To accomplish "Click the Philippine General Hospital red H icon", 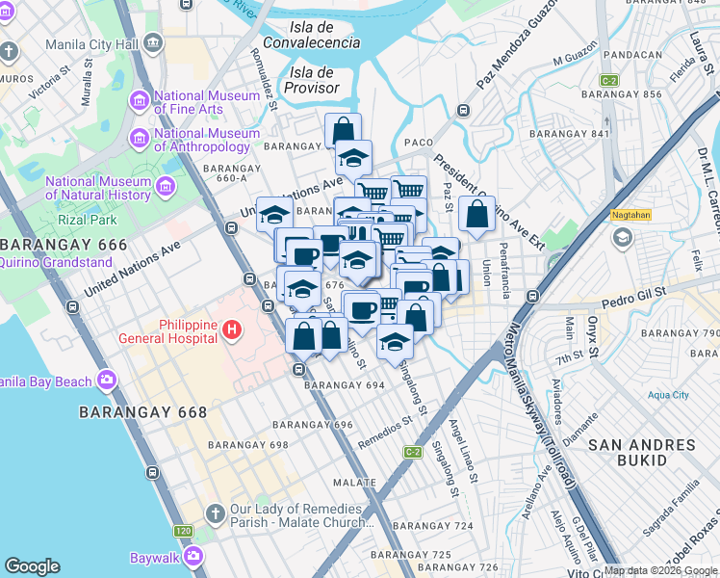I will (x=231, y=331).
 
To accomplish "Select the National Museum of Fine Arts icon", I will (x=141, y=101).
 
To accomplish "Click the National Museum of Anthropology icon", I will (x=141, y=139).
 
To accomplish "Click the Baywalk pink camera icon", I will (x=194, y=556).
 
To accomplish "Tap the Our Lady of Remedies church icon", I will (x=215, y=514).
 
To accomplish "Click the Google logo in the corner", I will (x=32, y=566).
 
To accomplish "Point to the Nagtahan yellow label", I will (x=630, y=217).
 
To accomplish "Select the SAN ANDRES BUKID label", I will (x=641, y=453).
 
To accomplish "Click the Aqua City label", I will (x=668, y=395).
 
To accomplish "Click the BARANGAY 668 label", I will (x=141, y=411).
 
